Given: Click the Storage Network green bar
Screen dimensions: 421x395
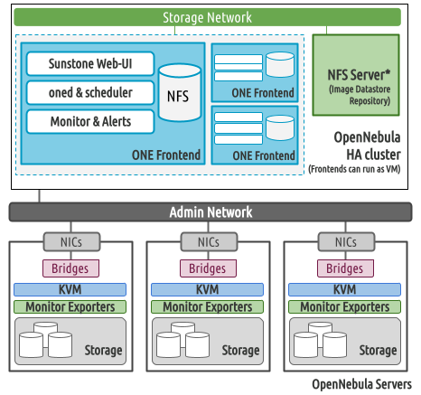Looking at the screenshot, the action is [208, 17].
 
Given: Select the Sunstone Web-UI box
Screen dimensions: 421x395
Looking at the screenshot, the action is [90, 63].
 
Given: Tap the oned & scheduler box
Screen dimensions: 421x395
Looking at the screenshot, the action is [90, 92].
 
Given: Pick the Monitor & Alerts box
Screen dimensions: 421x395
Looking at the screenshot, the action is [90, 121].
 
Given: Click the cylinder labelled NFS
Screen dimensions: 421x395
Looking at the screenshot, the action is [180, 93].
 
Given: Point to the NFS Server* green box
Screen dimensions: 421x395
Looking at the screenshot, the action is [356, 75].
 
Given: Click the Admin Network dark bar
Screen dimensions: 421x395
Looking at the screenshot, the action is [210, 212].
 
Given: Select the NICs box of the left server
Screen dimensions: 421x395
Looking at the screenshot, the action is [71, 241].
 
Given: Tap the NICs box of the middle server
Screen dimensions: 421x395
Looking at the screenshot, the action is [209, 241].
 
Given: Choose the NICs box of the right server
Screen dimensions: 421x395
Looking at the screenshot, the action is [346, 241].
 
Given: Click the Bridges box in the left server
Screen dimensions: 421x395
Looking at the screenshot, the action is [70, 268].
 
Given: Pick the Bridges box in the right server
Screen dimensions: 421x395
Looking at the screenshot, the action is [345, 268].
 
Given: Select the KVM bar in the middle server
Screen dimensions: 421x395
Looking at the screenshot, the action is [207, 289].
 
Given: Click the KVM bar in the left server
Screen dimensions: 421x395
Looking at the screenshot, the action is [70, 289].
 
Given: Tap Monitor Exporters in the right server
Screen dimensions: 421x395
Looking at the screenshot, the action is [344, 306].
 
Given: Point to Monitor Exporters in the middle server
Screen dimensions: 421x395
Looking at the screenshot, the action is [207, 306].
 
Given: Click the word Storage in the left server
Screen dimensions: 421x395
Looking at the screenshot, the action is [103, 350].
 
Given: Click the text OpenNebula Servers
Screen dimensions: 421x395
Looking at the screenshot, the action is [361, 384].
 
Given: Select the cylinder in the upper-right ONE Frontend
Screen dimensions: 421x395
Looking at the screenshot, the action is [280, 64].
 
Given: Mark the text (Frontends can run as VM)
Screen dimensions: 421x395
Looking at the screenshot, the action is [354, 169].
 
